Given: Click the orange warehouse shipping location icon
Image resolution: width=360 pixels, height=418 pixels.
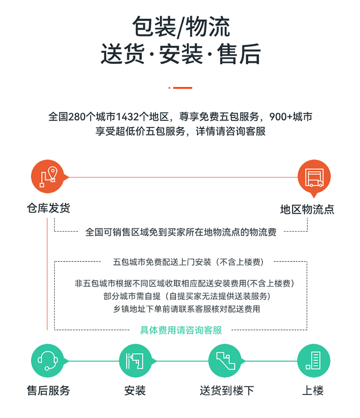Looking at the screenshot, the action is coord(48,176).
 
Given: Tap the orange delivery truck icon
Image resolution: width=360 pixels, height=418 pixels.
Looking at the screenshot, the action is coord(314,177).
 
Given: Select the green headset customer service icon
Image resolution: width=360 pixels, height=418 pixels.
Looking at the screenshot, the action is coord(48,361).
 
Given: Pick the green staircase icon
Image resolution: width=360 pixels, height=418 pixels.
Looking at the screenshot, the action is coord(225,361).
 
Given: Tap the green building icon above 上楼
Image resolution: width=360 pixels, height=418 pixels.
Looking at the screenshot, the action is coord(313,361).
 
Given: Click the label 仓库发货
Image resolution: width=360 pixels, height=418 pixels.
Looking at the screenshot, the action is coord(48,208).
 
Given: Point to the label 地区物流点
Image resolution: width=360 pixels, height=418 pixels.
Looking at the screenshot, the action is coord(307,209).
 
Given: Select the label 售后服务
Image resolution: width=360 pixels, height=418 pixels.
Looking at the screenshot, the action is coord(48,391).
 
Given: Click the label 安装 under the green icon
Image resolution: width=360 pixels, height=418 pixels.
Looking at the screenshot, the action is coord(135,391).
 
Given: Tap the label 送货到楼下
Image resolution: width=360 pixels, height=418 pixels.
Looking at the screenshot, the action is coord(227,391).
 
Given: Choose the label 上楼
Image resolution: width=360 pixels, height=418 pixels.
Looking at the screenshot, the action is coord(313,391).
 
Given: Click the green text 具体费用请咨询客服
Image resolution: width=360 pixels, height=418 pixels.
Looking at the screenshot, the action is coord(181,330).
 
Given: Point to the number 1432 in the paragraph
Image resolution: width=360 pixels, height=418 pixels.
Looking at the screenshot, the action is coord(127,116).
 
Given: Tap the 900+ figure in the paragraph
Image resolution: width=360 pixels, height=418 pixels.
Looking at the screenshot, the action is coord(281,116).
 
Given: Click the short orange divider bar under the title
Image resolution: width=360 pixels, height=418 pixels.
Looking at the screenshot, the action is coord(180,88).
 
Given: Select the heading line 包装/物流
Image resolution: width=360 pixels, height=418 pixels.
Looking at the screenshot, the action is coord(181,26).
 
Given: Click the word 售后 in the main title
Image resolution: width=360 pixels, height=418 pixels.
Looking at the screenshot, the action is coord(239,54).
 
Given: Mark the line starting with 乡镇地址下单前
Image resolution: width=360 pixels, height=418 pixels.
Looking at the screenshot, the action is coord(187,309).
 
